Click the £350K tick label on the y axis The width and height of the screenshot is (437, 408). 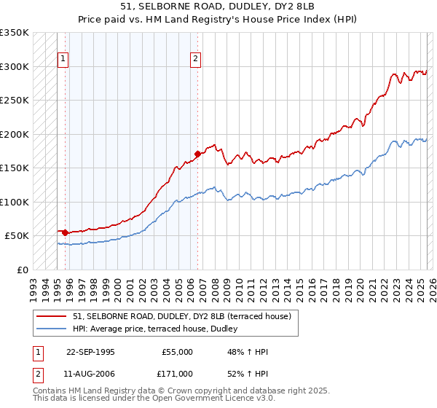15,33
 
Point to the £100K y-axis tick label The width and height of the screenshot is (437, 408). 15,202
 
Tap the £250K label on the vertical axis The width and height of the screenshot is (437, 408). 15,101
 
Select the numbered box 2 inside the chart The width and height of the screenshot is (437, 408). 196,60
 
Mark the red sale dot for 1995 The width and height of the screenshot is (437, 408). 66,232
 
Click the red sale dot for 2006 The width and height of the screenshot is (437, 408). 197,154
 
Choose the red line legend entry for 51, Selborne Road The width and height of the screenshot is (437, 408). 182,316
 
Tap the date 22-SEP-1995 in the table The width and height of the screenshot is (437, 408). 90,352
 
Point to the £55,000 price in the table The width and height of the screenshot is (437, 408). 177,352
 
